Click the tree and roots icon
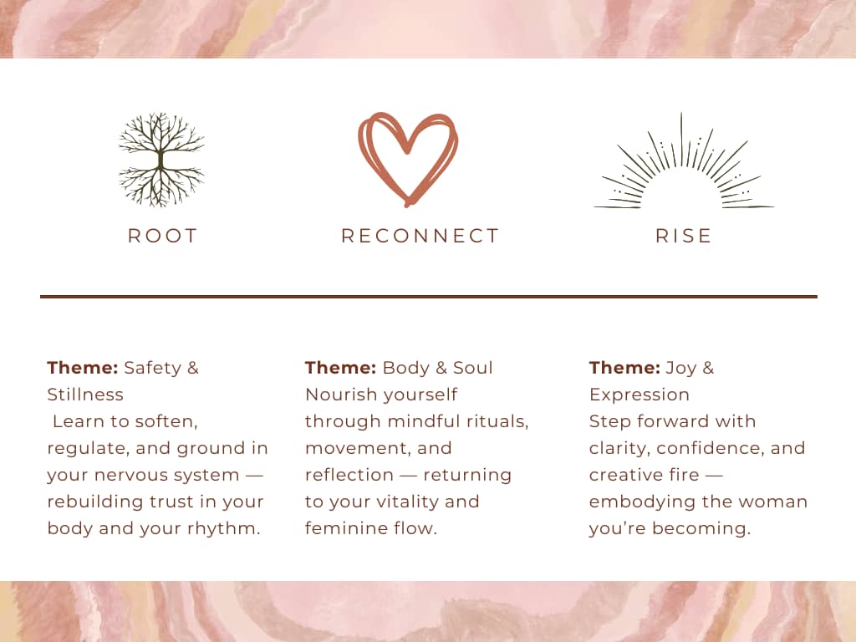pyautogui.click(x=160, y=160)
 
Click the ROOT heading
pyautogui.click(x=163, y=236)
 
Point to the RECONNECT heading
pyautogui.click(x=420, y=236)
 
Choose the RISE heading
pyautogui.click(x=684, y=236)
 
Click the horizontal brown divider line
pyautogui.click(x=429, y=297)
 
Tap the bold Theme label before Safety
pyautogui.click(x=83, y=368)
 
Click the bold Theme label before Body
pyautogui.click(x=341, y=368)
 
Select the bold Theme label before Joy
pyautogui.click(x=624, y=368)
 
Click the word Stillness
pyautogui.click(x=85, y=395)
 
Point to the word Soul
pyautogui.click(x=473, y=368)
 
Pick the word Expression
pyautogui.click(x=639, y=395)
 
